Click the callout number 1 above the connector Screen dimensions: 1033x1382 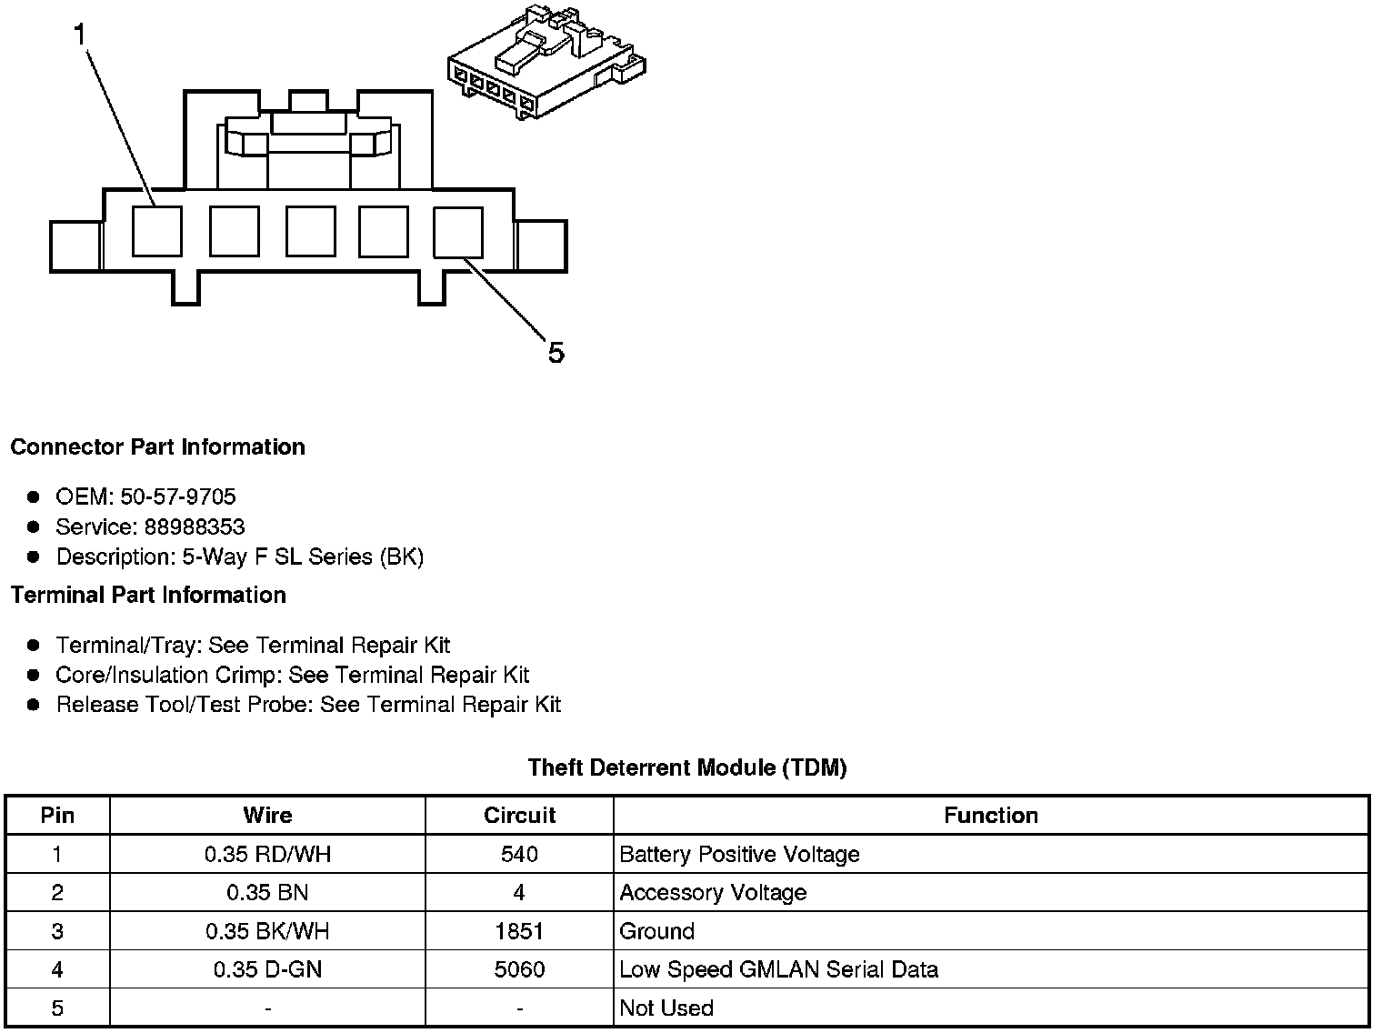tap(80, 35)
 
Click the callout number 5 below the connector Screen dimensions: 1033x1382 tap(556, 352)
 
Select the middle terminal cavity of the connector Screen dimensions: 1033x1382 tap(310, 231)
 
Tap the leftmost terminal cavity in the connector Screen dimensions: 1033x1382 tap(156, 231)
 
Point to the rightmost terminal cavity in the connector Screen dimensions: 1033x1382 tap(458, 231)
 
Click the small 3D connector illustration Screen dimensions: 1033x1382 tap(546, 62)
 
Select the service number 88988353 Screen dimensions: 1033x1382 tap(194, 527)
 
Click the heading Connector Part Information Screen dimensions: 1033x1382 tap(157, 446)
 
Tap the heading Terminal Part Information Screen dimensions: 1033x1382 tap(148, 595)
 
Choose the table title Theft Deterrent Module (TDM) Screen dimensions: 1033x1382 tap(687, 767)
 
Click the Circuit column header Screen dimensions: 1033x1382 tap(519, 815)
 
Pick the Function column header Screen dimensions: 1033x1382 tap(991, 815)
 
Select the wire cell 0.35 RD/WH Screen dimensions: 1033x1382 tap(267, 854)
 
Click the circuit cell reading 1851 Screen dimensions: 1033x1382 tap(519, 931)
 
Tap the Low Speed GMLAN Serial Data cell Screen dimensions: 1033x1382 tap(778, 969)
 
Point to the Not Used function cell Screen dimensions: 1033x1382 tap(666, 1008)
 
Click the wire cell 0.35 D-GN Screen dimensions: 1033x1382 tap(267, 969)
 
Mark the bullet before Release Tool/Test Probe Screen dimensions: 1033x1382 tap(34, 705)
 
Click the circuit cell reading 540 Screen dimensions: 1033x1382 tap(519, 854)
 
